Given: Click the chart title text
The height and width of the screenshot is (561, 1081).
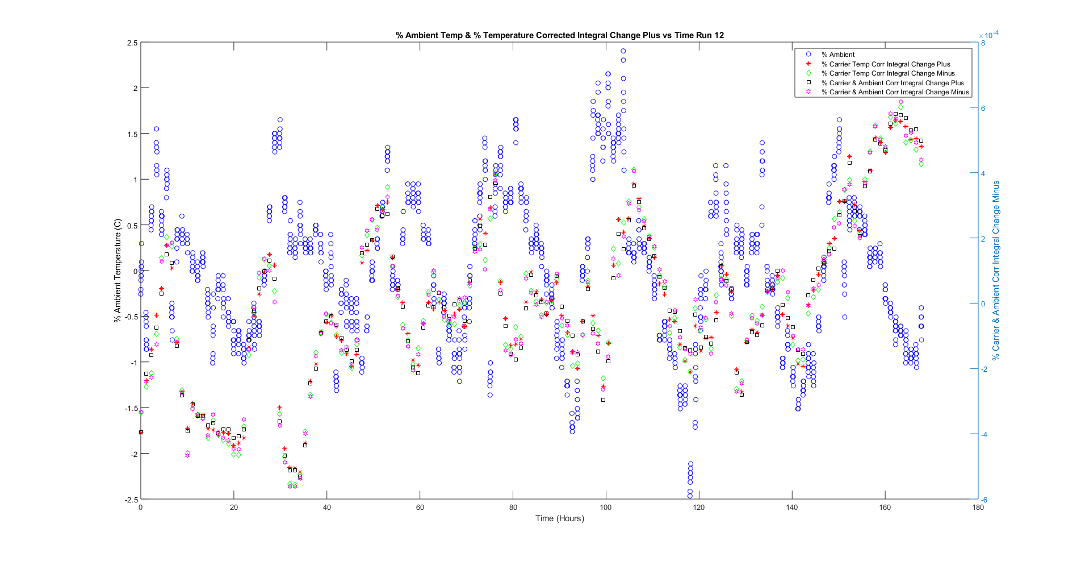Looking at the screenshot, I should click(x=559, y=35).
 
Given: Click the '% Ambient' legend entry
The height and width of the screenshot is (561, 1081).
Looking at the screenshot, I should click(x=837, y=55).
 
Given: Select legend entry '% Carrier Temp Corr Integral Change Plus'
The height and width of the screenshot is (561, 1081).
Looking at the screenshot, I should click(x=885, y=64).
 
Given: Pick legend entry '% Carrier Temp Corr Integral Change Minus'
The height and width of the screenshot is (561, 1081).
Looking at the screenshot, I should click(x=887, y=73).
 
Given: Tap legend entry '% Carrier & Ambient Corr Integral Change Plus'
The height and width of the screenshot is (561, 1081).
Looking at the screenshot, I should click(x=892, y=83).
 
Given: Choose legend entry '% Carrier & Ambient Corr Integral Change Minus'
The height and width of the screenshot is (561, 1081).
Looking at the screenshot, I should click(x=894, y=92).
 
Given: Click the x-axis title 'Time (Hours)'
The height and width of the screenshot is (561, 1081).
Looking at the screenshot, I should click(x=559, y=518).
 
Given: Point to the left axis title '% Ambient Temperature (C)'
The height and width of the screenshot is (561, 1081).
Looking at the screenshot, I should click(x=118, y=271).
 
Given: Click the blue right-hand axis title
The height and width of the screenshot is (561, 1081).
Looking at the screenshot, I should click(x=995, y=271).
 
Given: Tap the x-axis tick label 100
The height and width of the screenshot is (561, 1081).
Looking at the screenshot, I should click(x=606, y=508).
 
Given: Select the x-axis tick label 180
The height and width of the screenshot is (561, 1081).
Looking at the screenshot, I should click(x=978, y=508).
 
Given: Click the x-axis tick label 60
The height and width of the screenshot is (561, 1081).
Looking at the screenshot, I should click(x=420, y=508).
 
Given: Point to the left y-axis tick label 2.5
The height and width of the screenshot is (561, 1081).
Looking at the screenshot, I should click(x=132, y=43).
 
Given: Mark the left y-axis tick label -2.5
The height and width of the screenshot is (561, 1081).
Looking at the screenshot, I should click(x=131, y=500).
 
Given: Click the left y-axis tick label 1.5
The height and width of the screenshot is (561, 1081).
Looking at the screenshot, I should click(x=132, y=134).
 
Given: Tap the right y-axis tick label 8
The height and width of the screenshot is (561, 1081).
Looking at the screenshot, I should click(x=983, y=43).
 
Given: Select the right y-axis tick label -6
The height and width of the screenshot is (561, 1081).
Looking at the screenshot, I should click(x=984, y=500).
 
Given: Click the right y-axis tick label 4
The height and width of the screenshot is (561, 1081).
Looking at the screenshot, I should click(x=983, y=173).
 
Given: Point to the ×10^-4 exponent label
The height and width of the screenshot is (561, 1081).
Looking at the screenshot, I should click(x=988, y=35).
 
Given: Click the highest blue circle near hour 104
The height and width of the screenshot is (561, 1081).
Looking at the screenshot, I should click(x=623, y=51).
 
